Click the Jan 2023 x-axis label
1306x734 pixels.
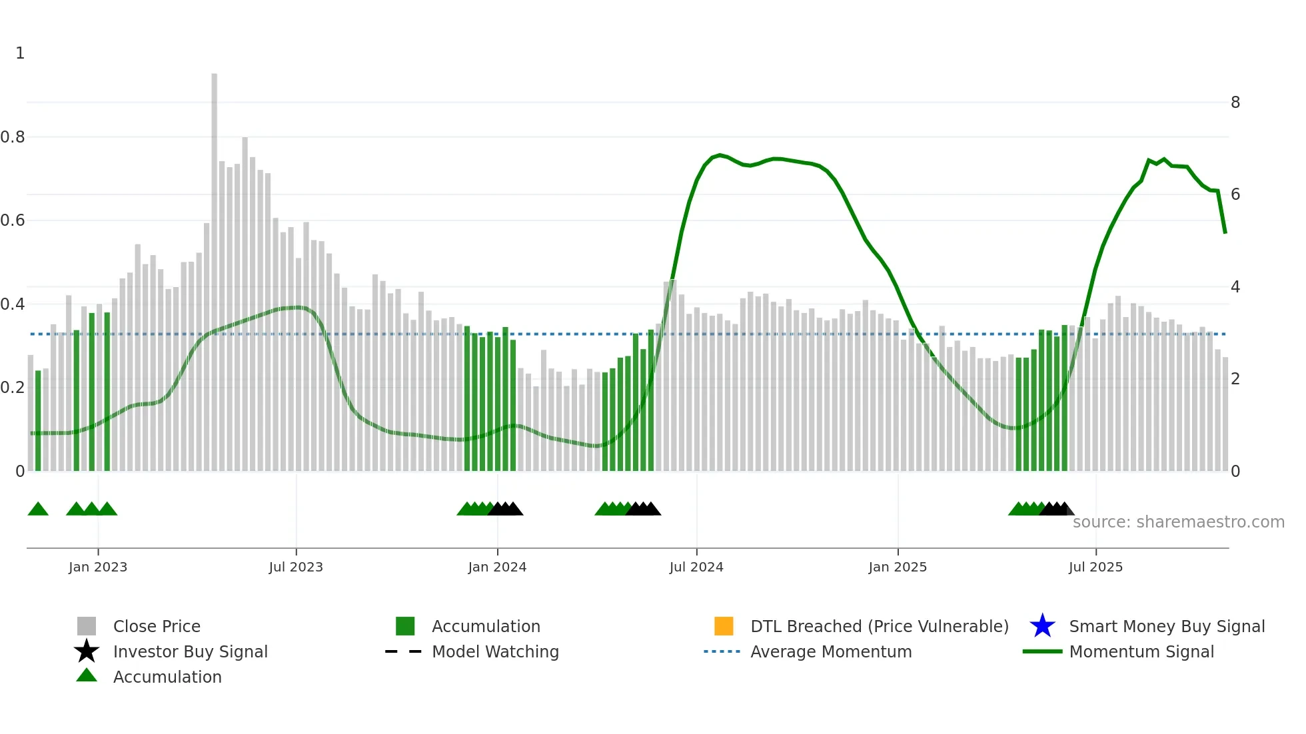(x=98, y=567)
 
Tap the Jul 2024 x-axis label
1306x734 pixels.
(x=696, y=567)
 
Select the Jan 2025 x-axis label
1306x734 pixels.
(x=898, y=567)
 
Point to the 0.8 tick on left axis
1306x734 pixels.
(x=13, y=137)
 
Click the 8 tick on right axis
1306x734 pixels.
(x=1235, y=103)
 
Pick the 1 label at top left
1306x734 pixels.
(x=20, y=53)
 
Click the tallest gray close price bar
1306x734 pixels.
(x=215, y=266)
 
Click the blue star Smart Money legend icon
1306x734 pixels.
(x=1042, y=626)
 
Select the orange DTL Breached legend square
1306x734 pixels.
(x=724, y=626)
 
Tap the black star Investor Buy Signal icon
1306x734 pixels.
(x=87, y=651)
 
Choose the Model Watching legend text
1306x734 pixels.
(x=495, y=651)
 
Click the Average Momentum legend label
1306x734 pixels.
(x=831, y=651)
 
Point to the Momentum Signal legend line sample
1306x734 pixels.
(x=1042, y=651)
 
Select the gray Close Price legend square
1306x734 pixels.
(x=87, y=626)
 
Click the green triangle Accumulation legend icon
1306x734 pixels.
(x=87, y=675)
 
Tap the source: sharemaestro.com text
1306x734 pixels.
(x=1178, y=522)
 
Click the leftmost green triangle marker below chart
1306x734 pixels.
(x=38, y=510)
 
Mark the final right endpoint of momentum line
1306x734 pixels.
(x=1225, y=232)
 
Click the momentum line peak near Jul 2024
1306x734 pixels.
(x=720, y=155)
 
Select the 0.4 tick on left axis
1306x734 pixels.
(x=13, y=304)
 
